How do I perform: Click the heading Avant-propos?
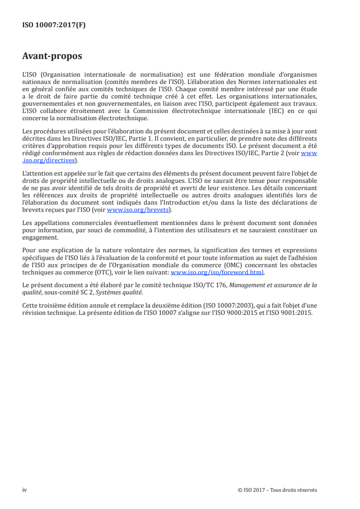(x=52, y=56)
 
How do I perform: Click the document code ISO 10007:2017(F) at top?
(x=54, y=25)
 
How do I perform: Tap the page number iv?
(x=25, y=490)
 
